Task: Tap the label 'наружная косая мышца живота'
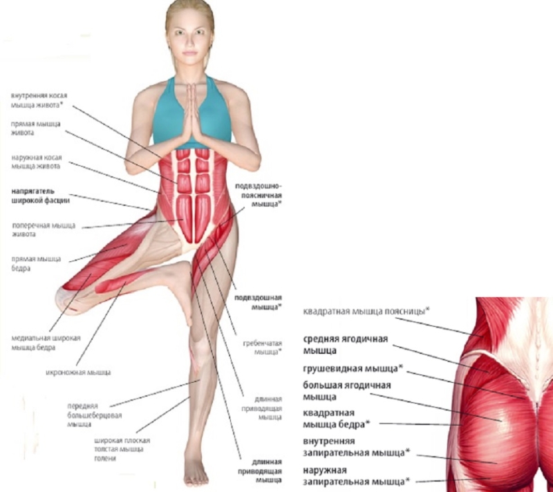pos(36,162)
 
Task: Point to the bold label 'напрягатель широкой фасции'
pos(39,196)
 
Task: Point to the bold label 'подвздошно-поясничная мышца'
pos(258,196)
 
